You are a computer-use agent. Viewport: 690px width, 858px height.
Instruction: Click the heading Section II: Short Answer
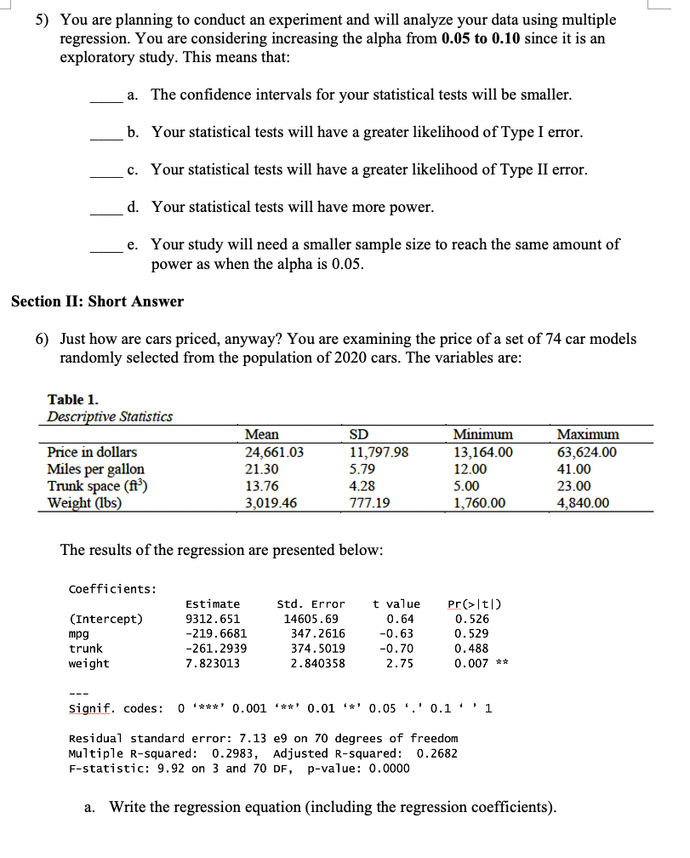97,301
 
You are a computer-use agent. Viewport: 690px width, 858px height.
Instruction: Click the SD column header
359,434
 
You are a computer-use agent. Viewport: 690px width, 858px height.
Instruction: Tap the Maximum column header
588,434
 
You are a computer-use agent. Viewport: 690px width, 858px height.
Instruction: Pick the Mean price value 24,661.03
274,452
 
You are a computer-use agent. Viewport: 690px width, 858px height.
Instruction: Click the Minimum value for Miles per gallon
471,469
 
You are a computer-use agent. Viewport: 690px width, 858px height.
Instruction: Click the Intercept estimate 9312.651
213,619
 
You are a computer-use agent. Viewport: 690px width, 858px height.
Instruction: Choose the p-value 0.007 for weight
471,663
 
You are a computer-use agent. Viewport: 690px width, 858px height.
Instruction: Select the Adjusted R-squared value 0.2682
436,752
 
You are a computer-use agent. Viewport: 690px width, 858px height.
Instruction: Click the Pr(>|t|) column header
475,603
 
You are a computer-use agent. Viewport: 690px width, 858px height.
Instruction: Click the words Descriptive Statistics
110,416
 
